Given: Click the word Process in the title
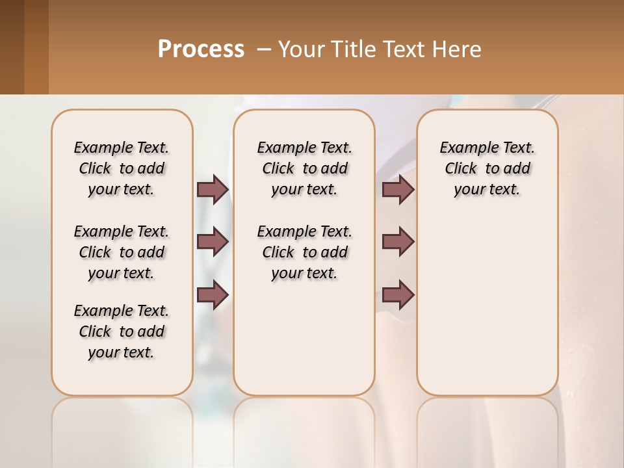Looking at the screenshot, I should pos(201,49).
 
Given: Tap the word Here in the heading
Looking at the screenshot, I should pos(458,49).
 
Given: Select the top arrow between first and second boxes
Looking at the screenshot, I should pos(213,190).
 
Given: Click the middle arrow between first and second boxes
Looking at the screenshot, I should pos(213,242).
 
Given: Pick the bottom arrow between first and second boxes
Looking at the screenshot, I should pos(213,294).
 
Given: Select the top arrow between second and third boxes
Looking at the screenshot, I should pos(398,190).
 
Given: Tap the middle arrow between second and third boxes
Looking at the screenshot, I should pos(398,242).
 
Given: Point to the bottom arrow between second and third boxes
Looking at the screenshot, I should pos(398,295).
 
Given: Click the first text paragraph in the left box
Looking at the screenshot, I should pos(121,168).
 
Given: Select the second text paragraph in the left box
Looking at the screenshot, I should pos(121,252).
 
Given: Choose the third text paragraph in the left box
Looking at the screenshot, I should pos(121,331).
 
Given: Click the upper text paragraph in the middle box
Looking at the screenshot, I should pos(304,168).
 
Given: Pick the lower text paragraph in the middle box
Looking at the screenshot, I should pos(304,252).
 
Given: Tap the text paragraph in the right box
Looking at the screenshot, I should pos(487,168).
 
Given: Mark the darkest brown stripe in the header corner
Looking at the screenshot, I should pos(12,47).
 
